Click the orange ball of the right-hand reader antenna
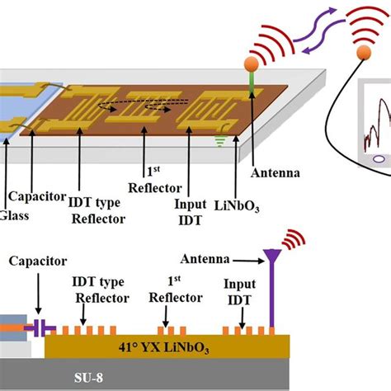tap(361, 54)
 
